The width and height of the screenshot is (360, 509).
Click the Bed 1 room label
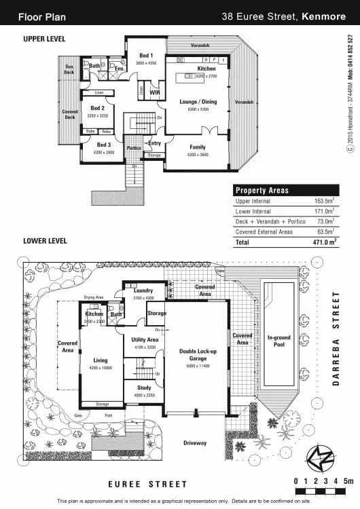[146, 56]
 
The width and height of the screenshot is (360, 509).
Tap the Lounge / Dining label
[197, 102]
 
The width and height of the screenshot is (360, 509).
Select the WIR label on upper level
[154, 92]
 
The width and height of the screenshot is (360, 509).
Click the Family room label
[197, 147]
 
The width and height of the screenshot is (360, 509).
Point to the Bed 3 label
[103, 145]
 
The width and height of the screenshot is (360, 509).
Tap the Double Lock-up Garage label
[197, 355]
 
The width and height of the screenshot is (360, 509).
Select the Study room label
[144, 388]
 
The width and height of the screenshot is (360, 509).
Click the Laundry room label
[143, 290]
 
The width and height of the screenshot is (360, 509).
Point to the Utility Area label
[144, 339]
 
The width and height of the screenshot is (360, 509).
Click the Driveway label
[195, 443]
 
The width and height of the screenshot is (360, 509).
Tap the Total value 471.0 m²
[324, 242]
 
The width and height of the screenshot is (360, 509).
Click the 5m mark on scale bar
[348, 480]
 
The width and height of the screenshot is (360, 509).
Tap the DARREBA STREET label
[335, 339]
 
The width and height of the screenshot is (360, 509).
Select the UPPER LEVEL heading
[44, 39]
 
